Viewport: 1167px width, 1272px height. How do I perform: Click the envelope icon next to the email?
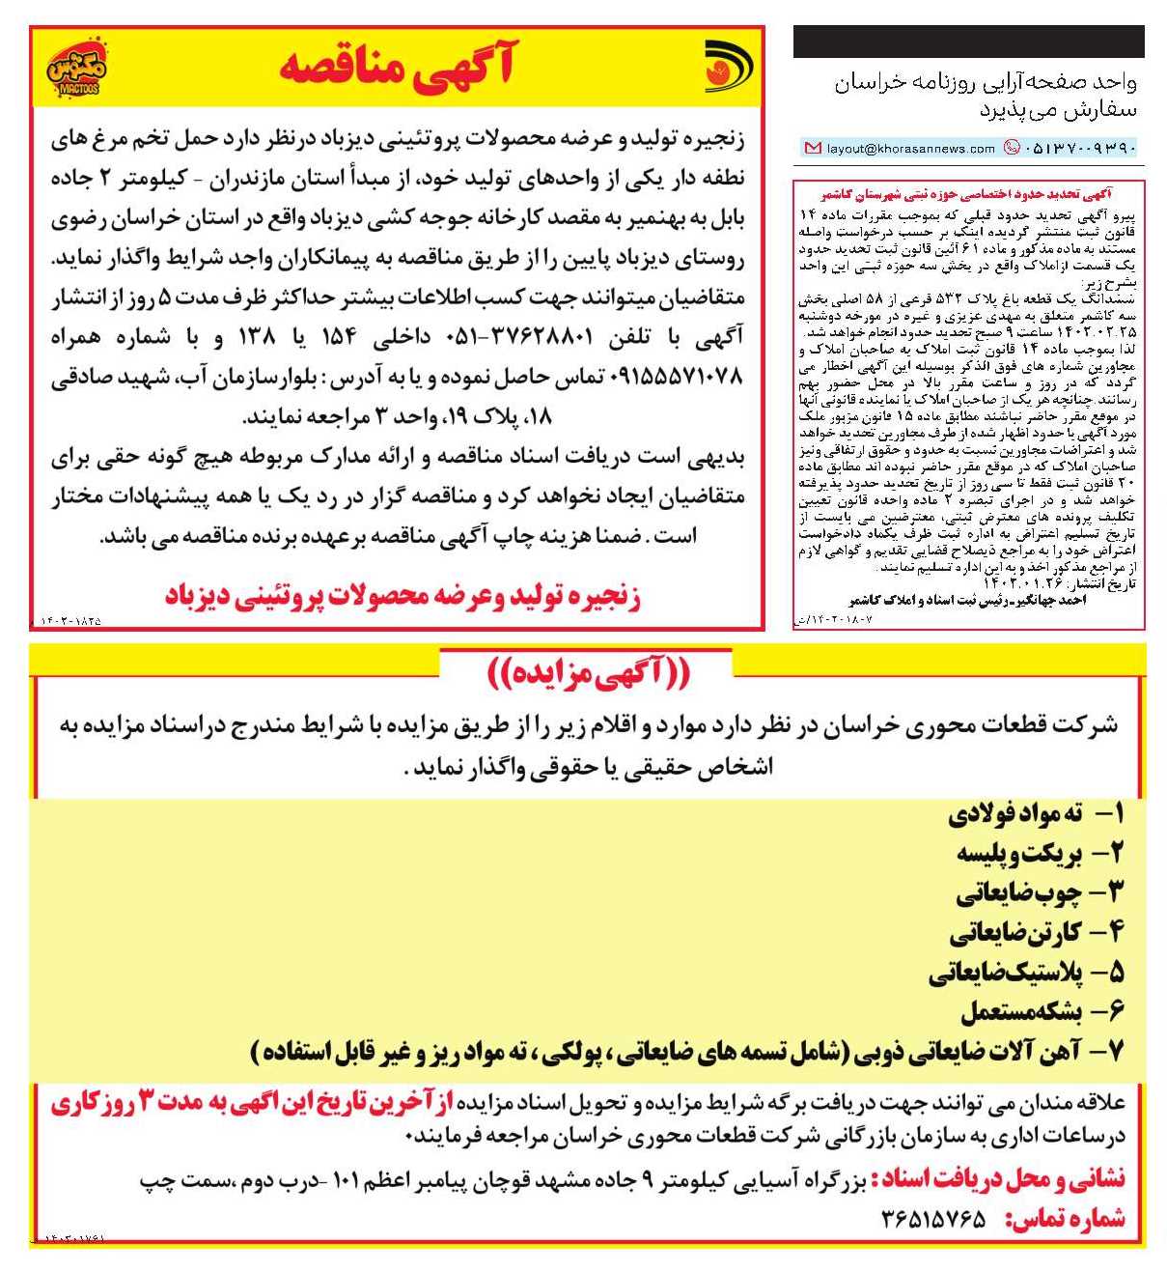click(x=813, y=149)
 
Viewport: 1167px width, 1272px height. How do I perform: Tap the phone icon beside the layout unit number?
click(x=1012, y=148)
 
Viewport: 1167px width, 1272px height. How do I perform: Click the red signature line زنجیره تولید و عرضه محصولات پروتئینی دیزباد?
click(x=403, y=597)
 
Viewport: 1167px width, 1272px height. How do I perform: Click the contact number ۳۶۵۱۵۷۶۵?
click(x=933, y=1219)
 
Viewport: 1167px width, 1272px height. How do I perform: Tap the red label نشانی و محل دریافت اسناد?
click(x=999, y=1179)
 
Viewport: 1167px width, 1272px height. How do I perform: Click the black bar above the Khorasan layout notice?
click(x=968, y=42)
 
